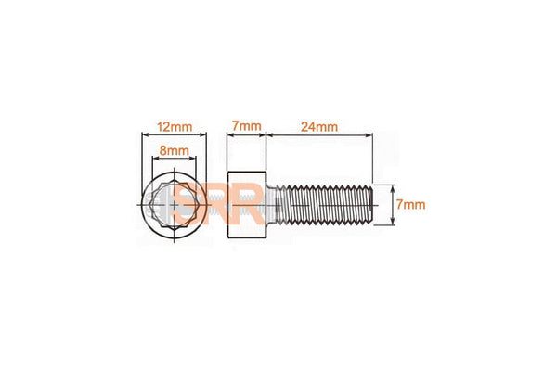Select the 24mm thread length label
pyautogui.click(x=318, y=123)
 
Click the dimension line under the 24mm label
pyautogui.click(x=318, y=134)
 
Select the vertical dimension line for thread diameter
pyautogui.click(x=395, y=204)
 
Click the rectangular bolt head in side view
pyautogui.click(x=248, y=204)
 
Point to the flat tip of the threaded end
pyautogui.click(x=373, y=204)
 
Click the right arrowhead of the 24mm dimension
pyautogui.click(x=369, y=134)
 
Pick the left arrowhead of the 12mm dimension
pyautogui.click(x=144, y=134)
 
